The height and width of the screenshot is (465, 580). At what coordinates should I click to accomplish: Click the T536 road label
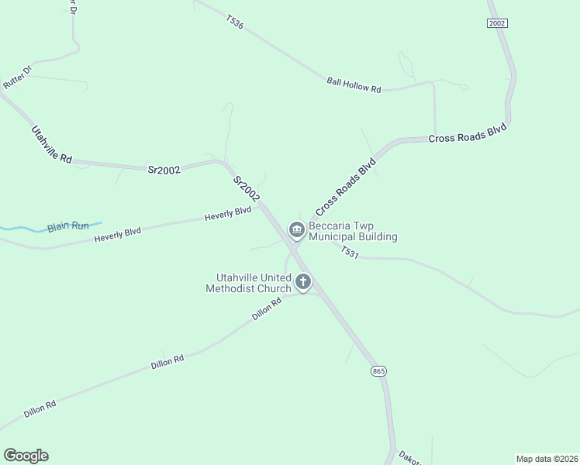(235, 22)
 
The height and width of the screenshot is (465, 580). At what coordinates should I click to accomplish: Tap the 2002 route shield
(497, 23)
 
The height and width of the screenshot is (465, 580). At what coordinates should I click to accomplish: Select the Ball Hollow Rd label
(354, 84)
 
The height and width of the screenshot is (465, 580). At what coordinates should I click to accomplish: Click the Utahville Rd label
(52, 144)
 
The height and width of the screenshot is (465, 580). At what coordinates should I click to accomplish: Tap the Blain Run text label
(68, 226)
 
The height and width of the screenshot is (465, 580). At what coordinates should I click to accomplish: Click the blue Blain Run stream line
(23, 229)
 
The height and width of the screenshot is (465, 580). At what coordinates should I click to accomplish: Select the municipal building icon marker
(295, 230)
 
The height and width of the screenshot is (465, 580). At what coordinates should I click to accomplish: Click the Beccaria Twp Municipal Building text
(353, 232)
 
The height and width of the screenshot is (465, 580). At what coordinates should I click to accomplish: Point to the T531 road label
(350, 252)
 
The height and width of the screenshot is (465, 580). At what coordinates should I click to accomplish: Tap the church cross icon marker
(303, 282)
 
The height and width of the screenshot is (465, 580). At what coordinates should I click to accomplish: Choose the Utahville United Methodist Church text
(248, 283)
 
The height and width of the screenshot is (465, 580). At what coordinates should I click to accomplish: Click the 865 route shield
(378, 371)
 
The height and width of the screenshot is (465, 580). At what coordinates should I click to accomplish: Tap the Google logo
(26, 456)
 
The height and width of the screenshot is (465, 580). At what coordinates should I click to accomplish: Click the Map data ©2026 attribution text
(546, 458)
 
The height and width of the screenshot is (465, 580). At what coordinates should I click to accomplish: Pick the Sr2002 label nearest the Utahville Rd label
(164, 169)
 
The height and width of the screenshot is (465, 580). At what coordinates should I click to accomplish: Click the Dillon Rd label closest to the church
(265, 312)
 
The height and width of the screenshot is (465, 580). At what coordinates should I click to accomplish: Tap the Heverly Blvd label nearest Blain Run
(117, 232)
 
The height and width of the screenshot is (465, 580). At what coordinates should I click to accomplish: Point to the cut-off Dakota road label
(409, 457)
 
